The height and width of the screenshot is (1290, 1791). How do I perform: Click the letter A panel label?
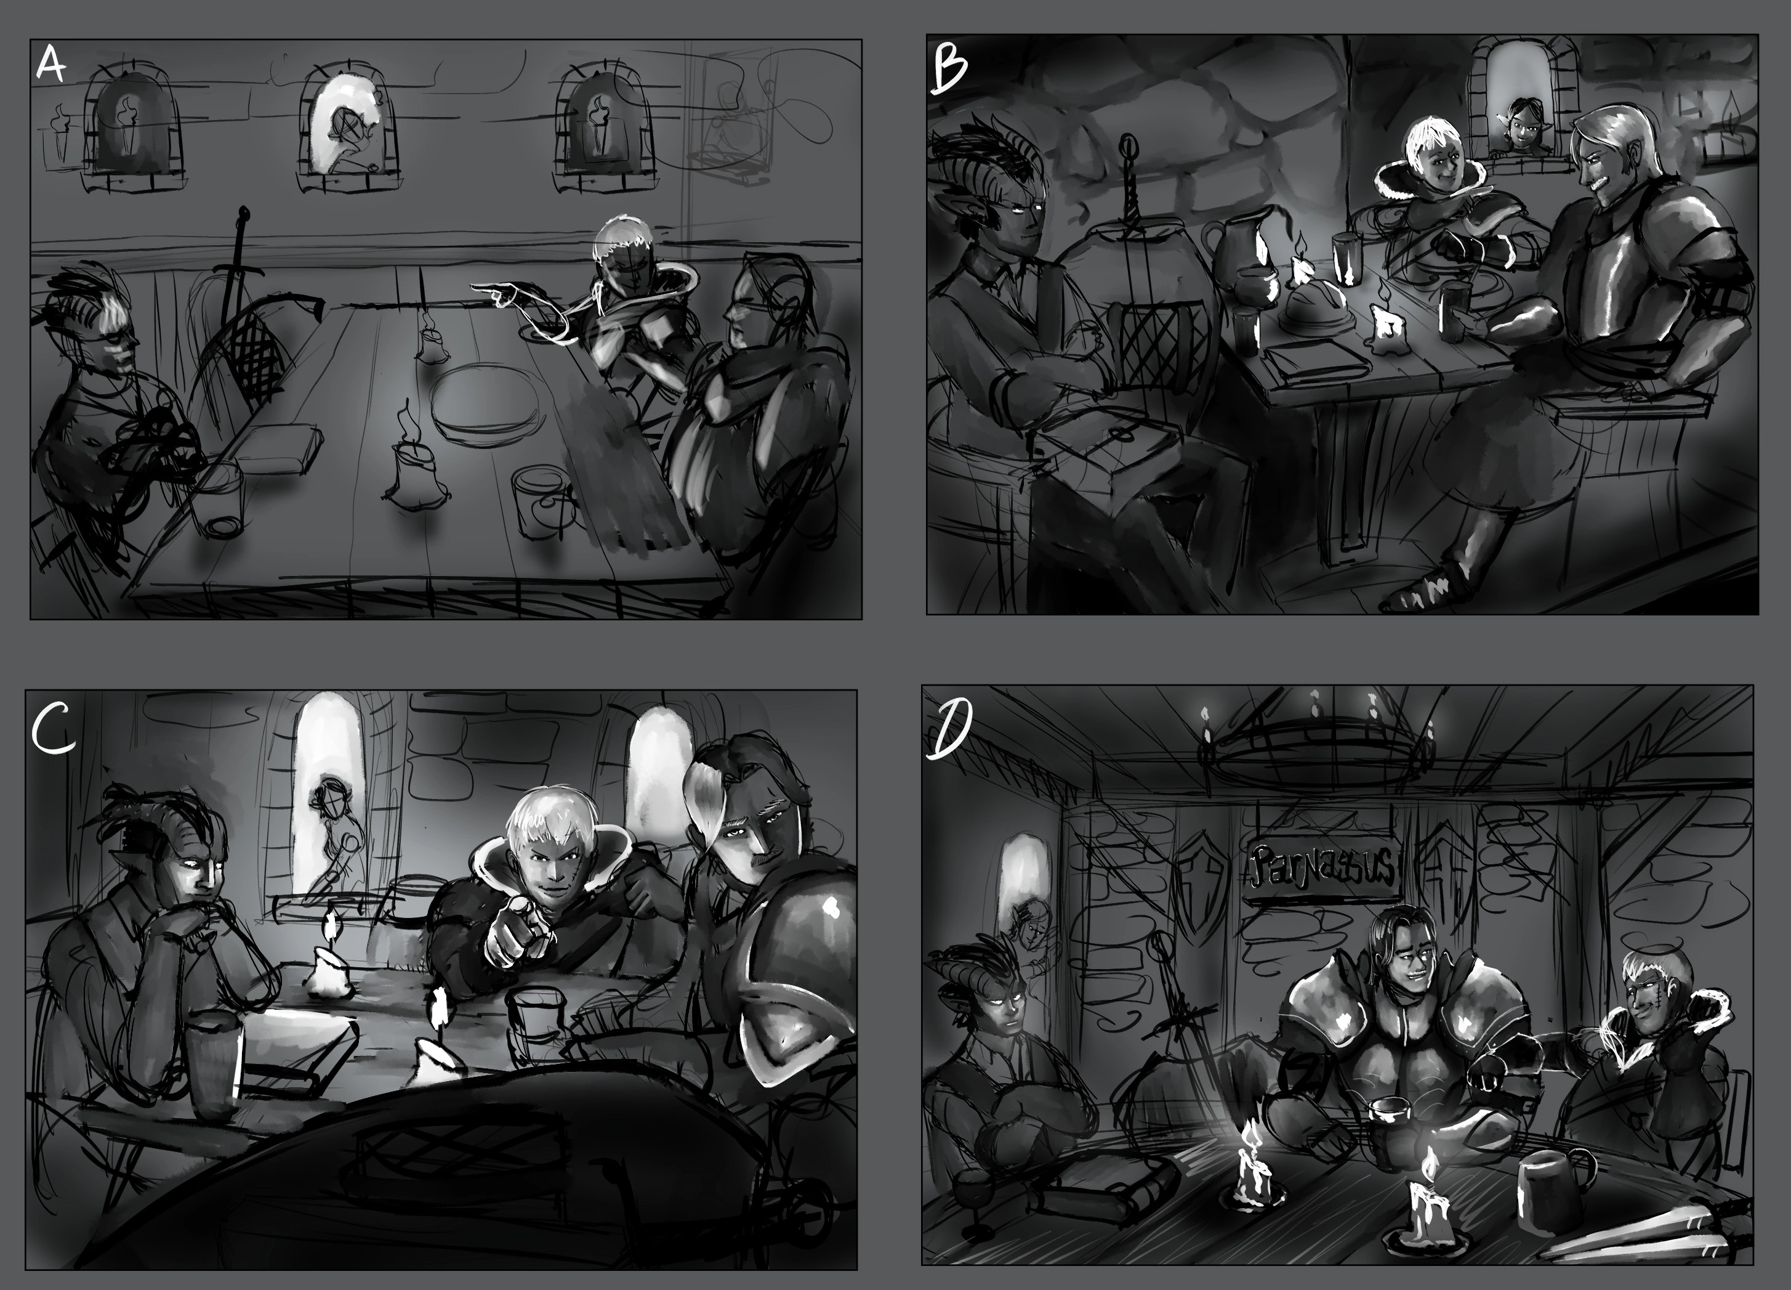pyautogui.click(x=51, y=65)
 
